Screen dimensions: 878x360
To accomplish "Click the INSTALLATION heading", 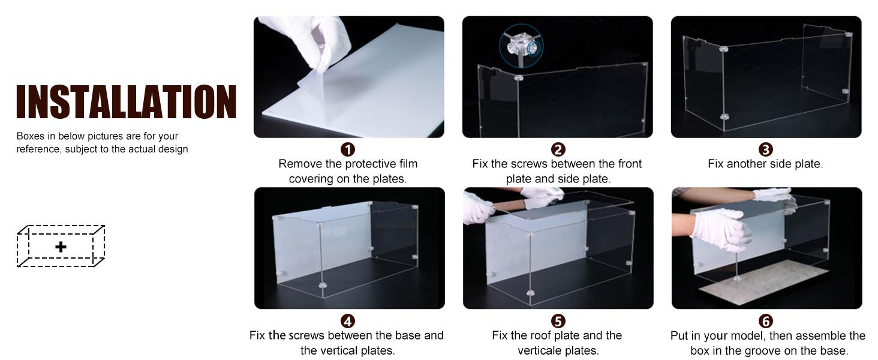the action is point(126,101).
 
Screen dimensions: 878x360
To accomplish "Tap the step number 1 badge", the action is point(348,149).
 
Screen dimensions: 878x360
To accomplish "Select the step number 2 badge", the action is point(558,149).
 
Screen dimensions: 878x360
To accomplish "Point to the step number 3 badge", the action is point(765,149).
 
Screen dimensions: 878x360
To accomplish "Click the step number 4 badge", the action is point(348,321).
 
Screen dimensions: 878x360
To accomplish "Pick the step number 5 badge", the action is point(558,321).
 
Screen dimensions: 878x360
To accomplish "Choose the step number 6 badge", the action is point(765,321).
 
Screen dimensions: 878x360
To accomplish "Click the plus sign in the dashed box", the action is point(61,247).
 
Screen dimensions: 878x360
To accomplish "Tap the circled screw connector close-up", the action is point(521,46).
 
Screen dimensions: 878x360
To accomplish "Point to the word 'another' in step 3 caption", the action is point(747,164).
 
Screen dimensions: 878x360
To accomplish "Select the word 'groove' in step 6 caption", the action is point(769,350).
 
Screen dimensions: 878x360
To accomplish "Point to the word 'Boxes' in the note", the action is point(30,136).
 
